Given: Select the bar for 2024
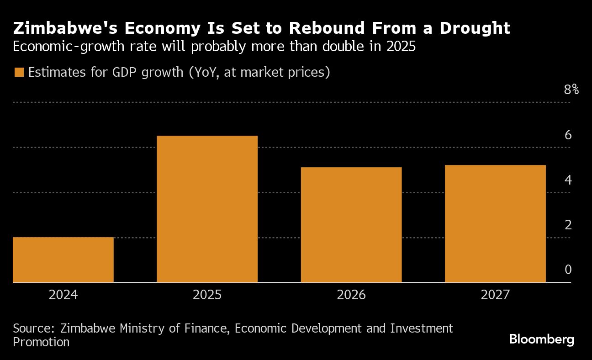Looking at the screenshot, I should (63, 259).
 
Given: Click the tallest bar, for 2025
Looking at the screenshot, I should (207, 209).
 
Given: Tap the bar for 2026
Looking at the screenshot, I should (351, 225).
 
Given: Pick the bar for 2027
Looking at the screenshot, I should (495, 223).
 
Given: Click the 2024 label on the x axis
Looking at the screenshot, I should (63, 295).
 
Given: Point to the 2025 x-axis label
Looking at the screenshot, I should (207, 295).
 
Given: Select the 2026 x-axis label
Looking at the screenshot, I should (351, 295).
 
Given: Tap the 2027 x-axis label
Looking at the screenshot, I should (495, 295).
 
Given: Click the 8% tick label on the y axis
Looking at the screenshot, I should (571, 90).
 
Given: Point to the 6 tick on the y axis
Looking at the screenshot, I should (568, 135).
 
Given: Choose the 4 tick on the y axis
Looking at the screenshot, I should (568, 180).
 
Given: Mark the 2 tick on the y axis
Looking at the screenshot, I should (568, 225).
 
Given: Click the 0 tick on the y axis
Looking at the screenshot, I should (568, 270).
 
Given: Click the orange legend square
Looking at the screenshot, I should (19, 73).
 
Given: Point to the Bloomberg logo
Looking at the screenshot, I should (541, 339).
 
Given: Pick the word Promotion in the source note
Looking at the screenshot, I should (41, 342).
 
